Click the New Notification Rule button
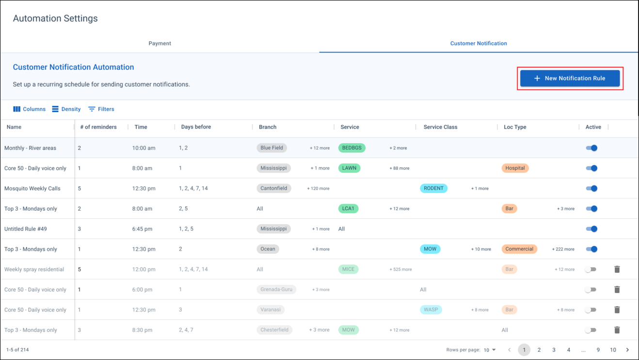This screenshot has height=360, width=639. pos(570,78)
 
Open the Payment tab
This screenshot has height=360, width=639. pos(160,43)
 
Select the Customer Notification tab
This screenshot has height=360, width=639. pos(478,43)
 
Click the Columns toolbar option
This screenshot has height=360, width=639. pos(29,109)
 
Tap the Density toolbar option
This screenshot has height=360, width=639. pos(66,109)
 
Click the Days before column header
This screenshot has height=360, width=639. pos(196,127)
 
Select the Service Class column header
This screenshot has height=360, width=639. pos(440,127)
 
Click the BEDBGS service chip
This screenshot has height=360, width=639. pos(351,148)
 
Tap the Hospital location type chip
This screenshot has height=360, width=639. pos(515,168)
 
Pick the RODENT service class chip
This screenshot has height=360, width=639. pos(433,188)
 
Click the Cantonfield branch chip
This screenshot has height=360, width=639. pos(274,188)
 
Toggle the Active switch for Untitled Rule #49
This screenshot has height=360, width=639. pos(591,229)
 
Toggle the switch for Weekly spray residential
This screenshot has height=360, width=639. pos(590,269)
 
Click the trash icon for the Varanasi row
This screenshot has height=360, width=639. pos(617,310)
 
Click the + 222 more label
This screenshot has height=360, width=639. pos(563,249)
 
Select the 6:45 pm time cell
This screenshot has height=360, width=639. pos(142,229)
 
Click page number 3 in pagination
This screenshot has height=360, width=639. pos(554,350)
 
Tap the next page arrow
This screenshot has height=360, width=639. pos(627,350)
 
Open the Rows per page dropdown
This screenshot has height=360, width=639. pos(490,350)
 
